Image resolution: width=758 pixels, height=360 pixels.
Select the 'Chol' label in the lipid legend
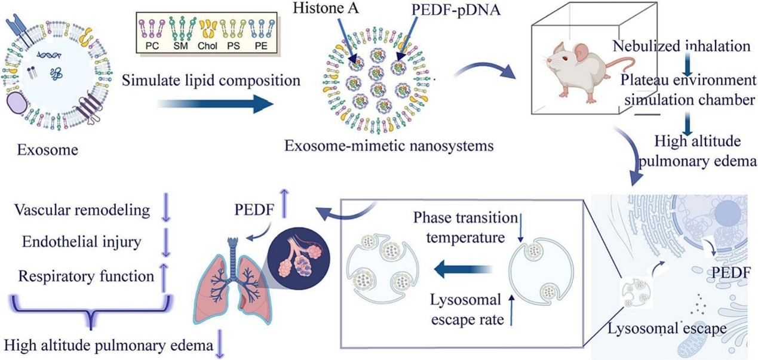tap(208, 45)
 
